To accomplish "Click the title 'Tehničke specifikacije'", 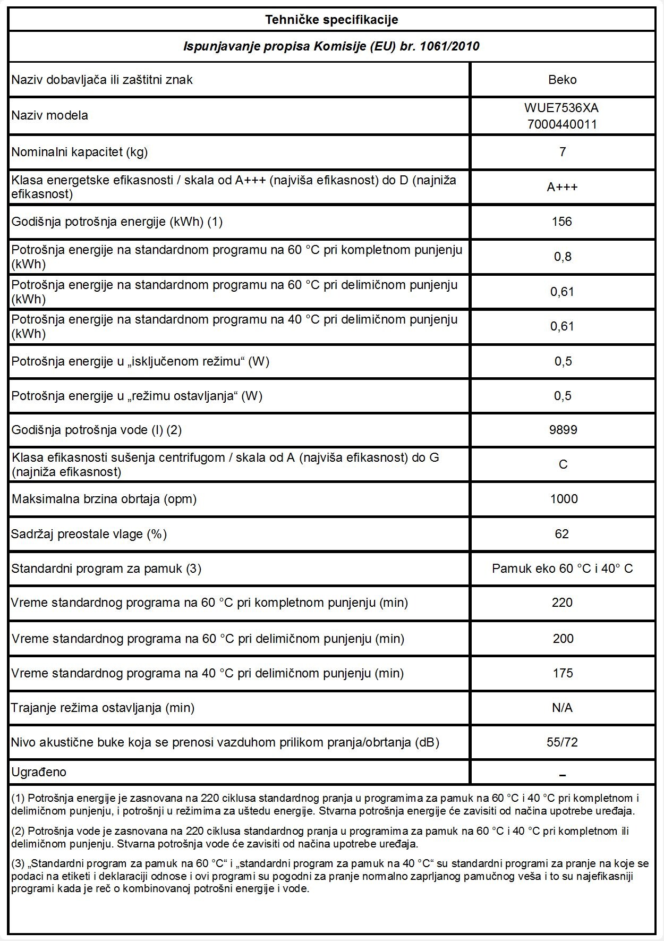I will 331,20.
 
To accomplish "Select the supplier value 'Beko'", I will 562,80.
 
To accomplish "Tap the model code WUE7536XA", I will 561,108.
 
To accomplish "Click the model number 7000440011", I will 561,124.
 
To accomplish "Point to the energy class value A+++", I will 562,187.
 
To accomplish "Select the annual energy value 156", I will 561,222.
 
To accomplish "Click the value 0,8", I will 563,257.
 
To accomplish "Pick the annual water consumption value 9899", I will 563,430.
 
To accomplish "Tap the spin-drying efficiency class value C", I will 563,464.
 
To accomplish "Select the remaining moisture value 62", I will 562,533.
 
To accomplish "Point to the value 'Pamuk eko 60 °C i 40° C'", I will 562,569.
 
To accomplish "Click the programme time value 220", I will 562,603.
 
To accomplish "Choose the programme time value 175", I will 563,673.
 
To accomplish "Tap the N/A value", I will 562,708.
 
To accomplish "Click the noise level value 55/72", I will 562,742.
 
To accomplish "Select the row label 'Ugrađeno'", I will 39,772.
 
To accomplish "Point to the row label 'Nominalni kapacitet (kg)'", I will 80,152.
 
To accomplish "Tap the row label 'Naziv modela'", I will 50,115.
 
